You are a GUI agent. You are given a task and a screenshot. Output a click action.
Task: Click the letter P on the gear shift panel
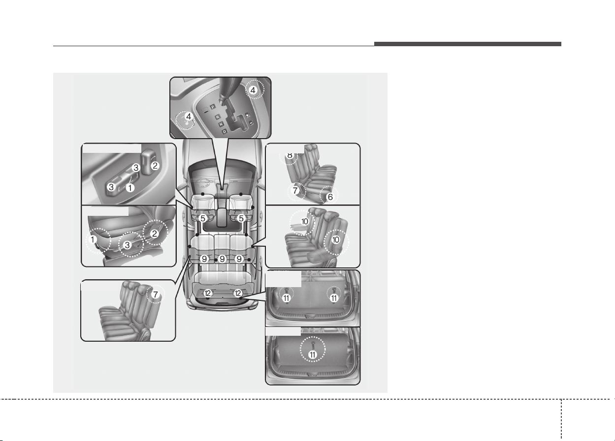coord(213,107)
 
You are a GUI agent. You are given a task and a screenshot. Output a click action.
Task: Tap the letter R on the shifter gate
coord(218,117)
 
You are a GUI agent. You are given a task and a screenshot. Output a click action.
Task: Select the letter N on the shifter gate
coord(221,124)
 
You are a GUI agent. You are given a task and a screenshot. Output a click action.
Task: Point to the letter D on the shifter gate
coord(225,132)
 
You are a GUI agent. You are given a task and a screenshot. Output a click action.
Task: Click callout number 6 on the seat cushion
coord(330,197)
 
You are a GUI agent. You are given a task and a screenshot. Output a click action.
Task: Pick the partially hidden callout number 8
coord(290,156)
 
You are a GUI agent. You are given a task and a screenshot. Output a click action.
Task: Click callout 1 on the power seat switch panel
coord(130,188)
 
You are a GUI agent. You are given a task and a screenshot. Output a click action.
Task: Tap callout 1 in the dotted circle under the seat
coord(93,239)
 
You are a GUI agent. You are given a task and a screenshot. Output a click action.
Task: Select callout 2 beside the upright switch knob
coord(155,166)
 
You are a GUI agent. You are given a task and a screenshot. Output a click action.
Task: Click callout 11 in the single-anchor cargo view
coord(313,354)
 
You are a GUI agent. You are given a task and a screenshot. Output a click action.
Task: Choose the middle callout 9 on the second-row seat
coord(222,259)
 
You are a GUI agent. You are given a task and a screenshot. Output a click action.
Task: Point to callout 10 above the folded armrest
coord(305,221)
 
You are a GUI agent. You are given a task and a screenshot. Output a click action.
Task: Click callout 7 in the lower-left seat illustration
coord(156,294)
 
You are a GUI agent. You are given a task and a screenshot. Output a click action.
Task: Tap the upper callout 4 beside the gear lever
coord(253,90)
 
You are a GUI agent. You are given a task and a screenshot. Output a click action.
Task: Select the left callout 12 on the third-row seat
coord(208,294)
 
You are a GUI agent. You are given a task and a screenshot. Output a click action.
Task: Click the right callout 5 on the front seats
coord(241,218)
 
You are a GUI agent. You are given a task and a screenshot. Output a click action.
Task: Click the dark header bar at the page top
coord(468,44)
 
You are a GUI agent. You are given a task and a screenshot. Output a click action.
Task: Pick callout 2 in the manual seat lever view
coord(155,234)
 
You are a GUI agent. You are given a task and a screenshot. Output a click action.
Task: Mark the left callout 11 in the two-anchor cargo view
coord(287,298)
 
